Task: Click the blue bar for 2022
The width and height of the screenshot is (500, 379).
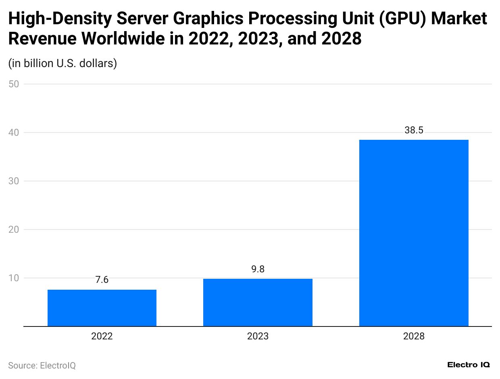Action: [102, 308]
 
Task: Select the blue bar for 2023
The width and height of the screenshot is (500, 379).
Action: [258, 302]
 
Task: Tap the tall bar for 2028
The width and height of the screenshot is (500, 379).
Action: [414, 233]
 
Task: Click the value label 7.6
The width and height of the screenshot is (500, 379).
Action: [102, 280]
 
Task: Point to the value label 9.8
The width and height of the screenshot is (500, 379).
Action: [258, 269]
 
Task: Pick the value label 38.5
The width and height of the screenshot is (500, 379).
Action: [414, 130]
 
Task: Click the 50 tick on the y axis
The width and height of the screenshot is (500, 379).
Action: [14, 84]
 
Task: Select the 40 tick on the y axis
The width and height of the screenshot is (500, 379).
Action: [14, 133]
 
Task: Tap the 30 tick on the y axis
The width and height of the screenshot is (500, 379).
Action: [14, 181]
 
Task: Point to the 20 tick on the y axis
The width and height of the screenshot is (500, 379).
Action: [14, 230]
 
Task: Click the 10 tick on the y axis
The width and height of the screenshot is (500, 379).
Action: [14, 278]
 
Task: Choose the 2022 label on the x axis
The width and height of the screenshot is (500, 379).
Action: [102, 336]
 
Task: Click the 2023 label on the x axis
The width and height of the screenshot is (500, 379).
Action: [258, 336]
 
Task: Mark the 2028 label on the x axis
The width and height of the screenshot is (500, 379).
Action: [414, 336]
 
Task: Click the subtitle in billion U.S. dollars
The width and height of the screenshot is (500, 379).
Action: [62, 63]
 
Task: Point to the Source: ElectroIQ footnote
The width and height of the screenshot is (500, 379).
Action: [42, 365]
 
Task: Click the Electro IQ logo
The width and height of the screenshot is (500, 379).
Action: [469, 365]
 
